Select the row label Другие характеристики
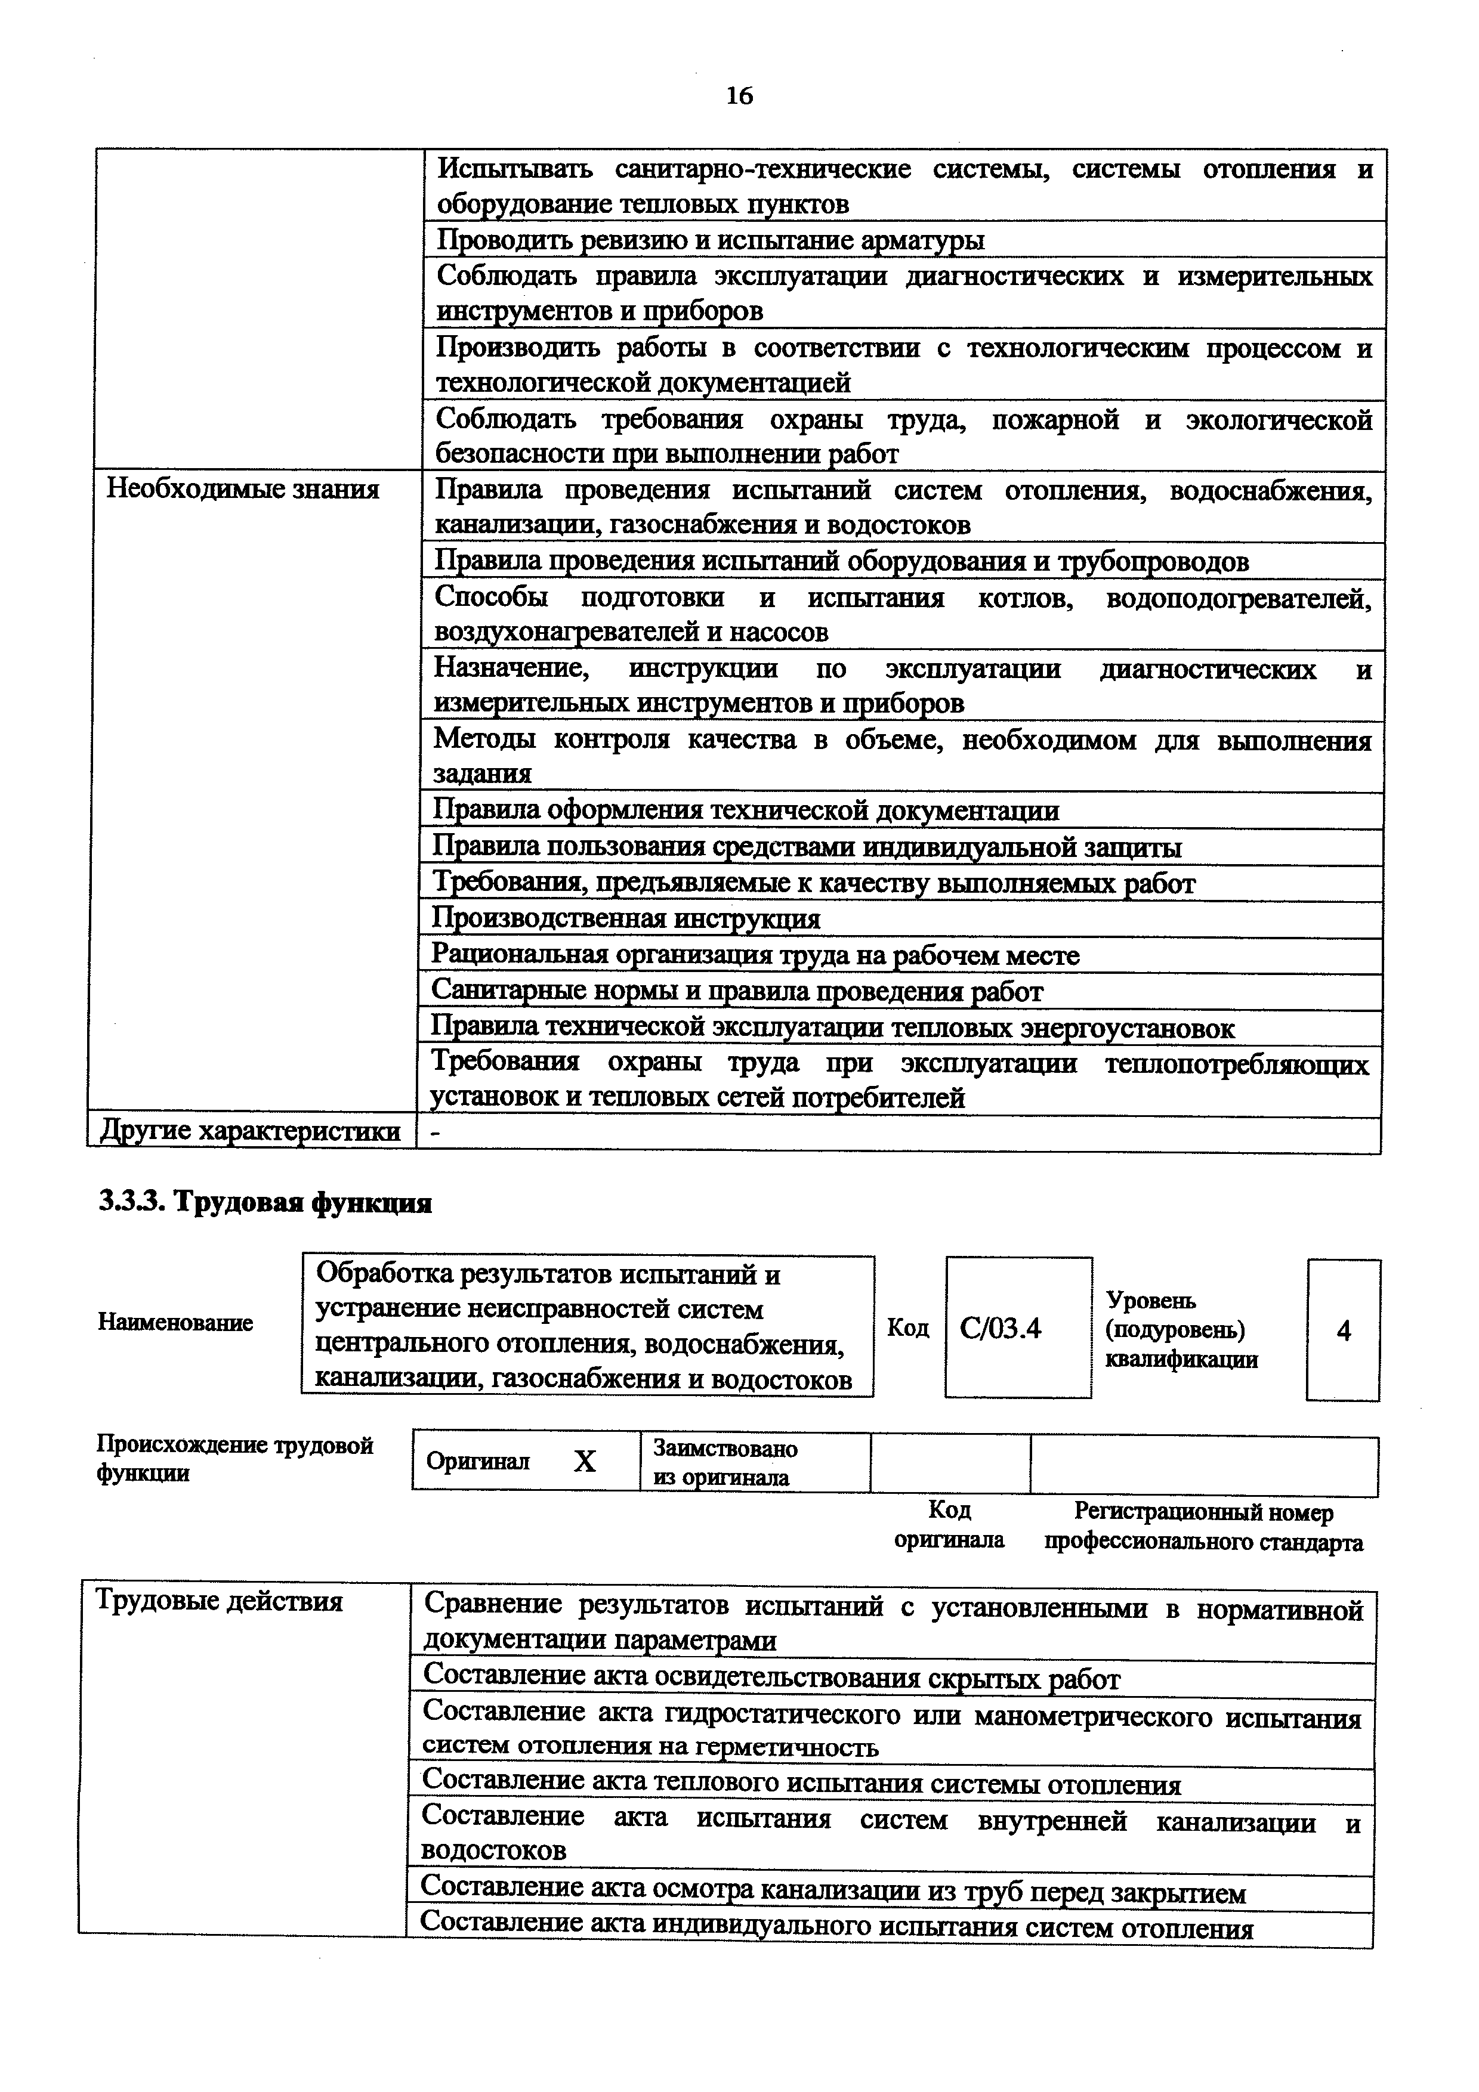click(x=250, y=1132)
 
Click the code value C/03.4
click(x=1000, y=1329)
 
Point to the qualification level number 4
click(x=1343, y=1331)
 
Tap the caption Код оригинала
click(x=949, y=1525)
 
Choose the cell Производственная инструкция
click(x=625, y=920)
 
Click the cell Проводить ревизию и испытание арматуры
click(x=710, y=240)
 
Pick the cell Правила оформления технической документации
click(x=745, y=811)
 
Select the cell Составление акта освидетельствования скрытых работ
click(x=772, y=1678)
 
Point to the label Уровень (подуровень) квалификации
click(x=1181, y=1330)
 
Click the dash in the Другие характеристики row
click(x=435, y=1132)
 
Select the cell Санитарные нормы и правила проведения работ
click(x=736, y=991)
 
